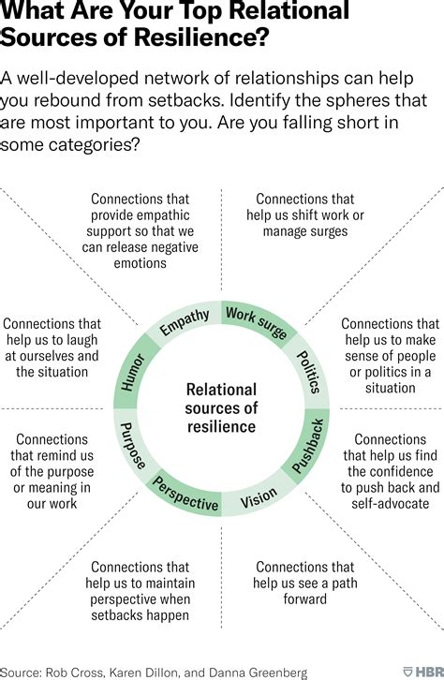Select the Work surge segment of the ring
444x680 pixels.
(255, 324)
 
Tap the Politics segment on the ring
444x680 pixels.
(309, 370)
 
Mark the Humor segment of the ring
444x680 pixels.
(131, 372)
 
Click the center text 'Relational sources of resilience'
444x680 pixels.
(221, 407)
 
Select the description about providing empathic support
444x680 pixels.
(141, 230)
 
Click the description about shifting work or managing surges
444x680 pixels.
(304, 214)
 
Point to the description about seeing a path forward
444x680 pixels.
(304, 583)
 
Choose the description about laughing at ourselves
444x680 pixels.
(52, 347)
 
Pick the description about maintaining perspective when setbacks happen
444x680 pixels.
(141, 590)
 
